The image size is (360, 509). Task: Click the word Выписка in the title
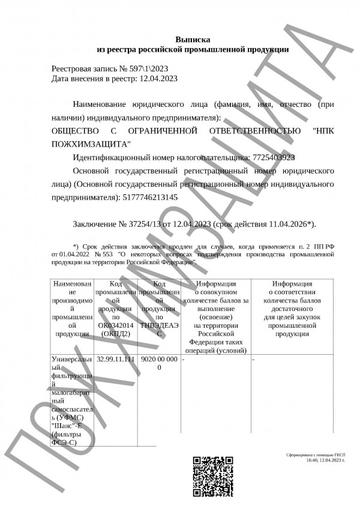193,38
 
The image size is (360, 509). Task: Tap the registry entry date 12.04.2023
158,78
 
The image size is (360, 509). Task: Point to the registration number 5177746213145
149,196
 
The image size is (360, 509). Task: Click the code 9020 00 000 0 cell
159,363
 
